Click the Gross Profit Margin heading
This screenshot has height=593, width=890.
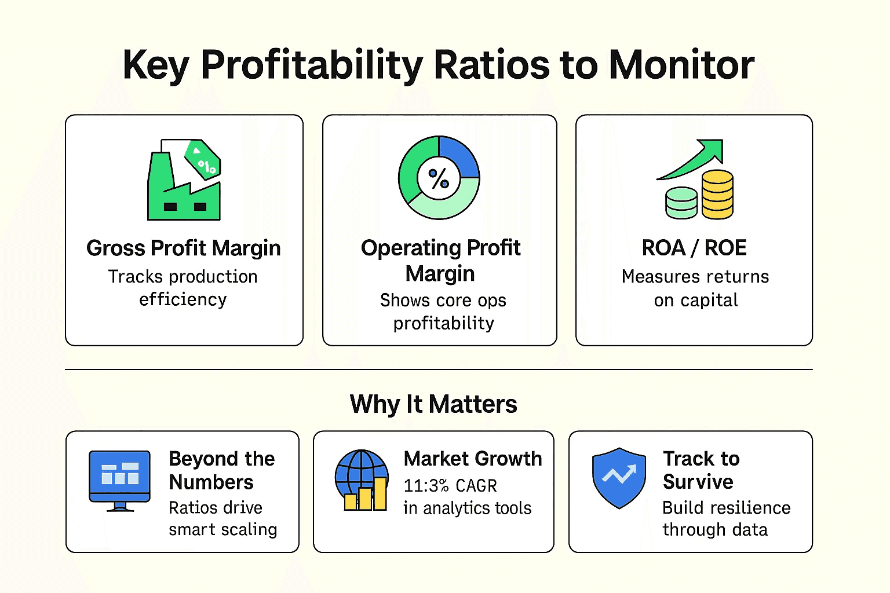pyautogui.click(x=183, y=248)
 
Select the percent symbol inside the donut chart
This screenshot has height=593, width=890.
pyautogui.click(x=439, y=178)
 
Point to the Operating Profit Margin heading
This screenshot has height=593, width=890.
pyautogui.click(x=440, y=260)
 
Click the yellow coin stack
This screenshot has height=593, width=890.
pyautogui.click(x=717, y=195)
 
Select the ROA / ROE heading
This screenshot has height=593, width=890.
pyautogui.click(x=694, y=248)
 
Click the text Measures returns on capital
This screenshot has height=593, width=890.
pyautogui.click(x=695, y=288)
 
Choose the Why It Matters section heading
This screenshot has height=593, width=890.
pyautogui.click(x=433, y=404)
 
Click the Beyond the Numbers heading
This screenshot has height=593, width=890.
pyautogui.click(x=221, y=470)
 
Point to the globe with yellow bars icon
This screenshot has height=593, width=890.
pyautogui.click(x=362, y=480)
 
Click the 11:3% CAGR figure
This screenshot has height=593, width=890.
pyautogui.click(x=450, y=485)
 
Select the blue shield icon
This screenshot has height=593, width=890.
pyautogui.click(x=619, y=478)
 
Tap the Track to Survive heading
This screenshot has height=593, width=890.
pyautogui.click(x=701, y=470)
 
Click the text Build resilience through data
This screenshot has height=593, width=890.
pyautogui.click(x=726, y=518)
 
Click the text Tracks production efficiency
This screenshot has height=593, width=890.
pyautogui.click(x=183, y=288)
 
